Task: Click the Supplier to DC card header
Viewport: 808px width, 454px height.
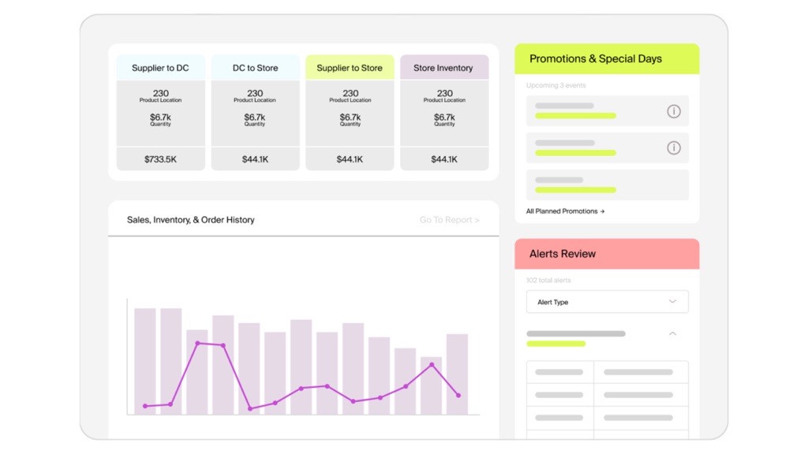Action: [x=160, y=68]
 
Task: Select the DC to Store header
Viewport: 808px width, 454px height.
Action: [x=255, y=68]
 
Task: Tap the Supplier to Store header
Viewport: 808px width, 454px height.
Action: [x=350, y=68]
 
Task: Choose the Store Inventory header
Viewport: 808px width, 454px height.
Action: [x=444, y=68]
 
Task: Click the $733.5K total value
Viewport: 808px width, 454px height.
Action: [x=160, y=159]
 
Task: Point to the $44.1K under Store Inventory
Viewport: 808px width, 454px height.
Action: [x=444, y=159]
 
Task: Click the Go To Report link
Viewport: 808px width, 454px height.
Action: [x=449, y=220]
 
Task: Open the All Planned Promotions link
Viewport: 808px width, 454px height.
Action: [x=565, y=211]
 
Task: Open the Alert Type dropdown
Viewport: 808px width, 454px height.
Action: [x=607, y=302]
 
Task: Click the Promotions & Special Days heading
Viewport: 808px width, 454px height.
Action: [x=596, y=59]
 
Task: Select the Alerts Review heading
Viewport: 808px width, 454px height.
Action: [x=563, y=254]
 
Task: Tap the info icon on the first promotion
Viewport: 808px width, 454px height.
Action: [x=673, y=111]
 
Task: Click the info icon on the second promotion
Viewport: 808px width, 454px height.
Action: [x=673, y=147]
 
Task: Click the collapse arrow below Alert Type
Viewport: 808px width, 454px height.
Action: [x=672, y=334]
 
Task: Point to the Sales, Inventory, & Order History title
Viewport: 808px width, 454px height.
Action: [x=191, y=220]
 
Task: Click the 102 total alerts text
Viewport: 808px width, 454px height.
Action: [x=548, y=281]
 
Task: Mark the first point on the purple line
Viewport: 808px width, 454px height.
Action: [x=145, y=406]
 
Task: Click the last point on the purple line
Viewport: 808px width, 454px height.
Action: [x=458, y=395]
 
